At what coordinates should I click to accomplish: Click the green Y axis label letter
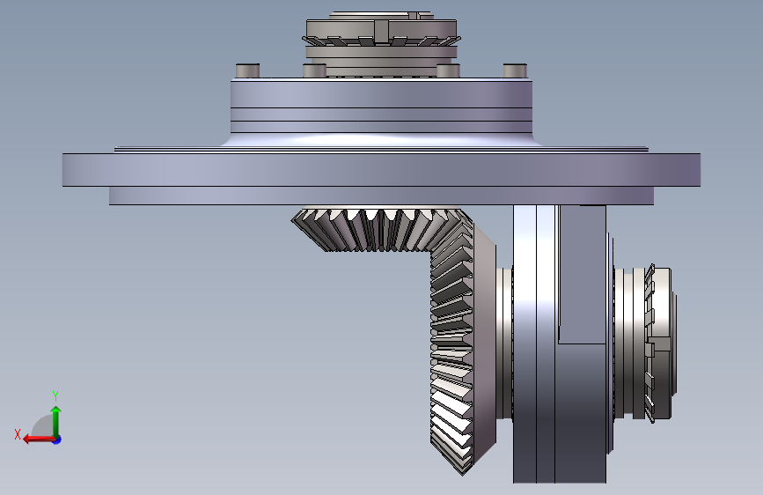pyautogui.click(x=55, y=395)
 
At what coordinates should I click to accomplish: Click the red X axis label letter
pyautogui.click(x=18, y=434)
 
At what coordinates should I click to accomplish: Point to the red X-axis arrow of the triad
pyautogui.click(x=39, y=440)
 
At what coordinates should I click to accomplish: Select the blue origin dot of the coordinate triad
pyautogui.click(x=57, y=440)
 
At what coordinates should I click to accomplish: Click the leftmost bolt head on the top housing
pyautogui.click(x=247, y=70)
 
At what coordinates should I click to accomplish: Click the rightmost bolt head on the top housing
pyautogui.click(x=515, y=70)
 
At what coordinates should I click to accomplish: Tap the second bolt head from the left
pyautogui.click(x=314, y=70)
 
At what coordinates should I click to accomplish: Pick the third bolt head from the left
pyautogui.click(x=448, y=70)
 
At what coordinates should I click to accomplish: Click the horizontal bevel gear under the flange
pyautogui.click(x=379, y=229)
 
